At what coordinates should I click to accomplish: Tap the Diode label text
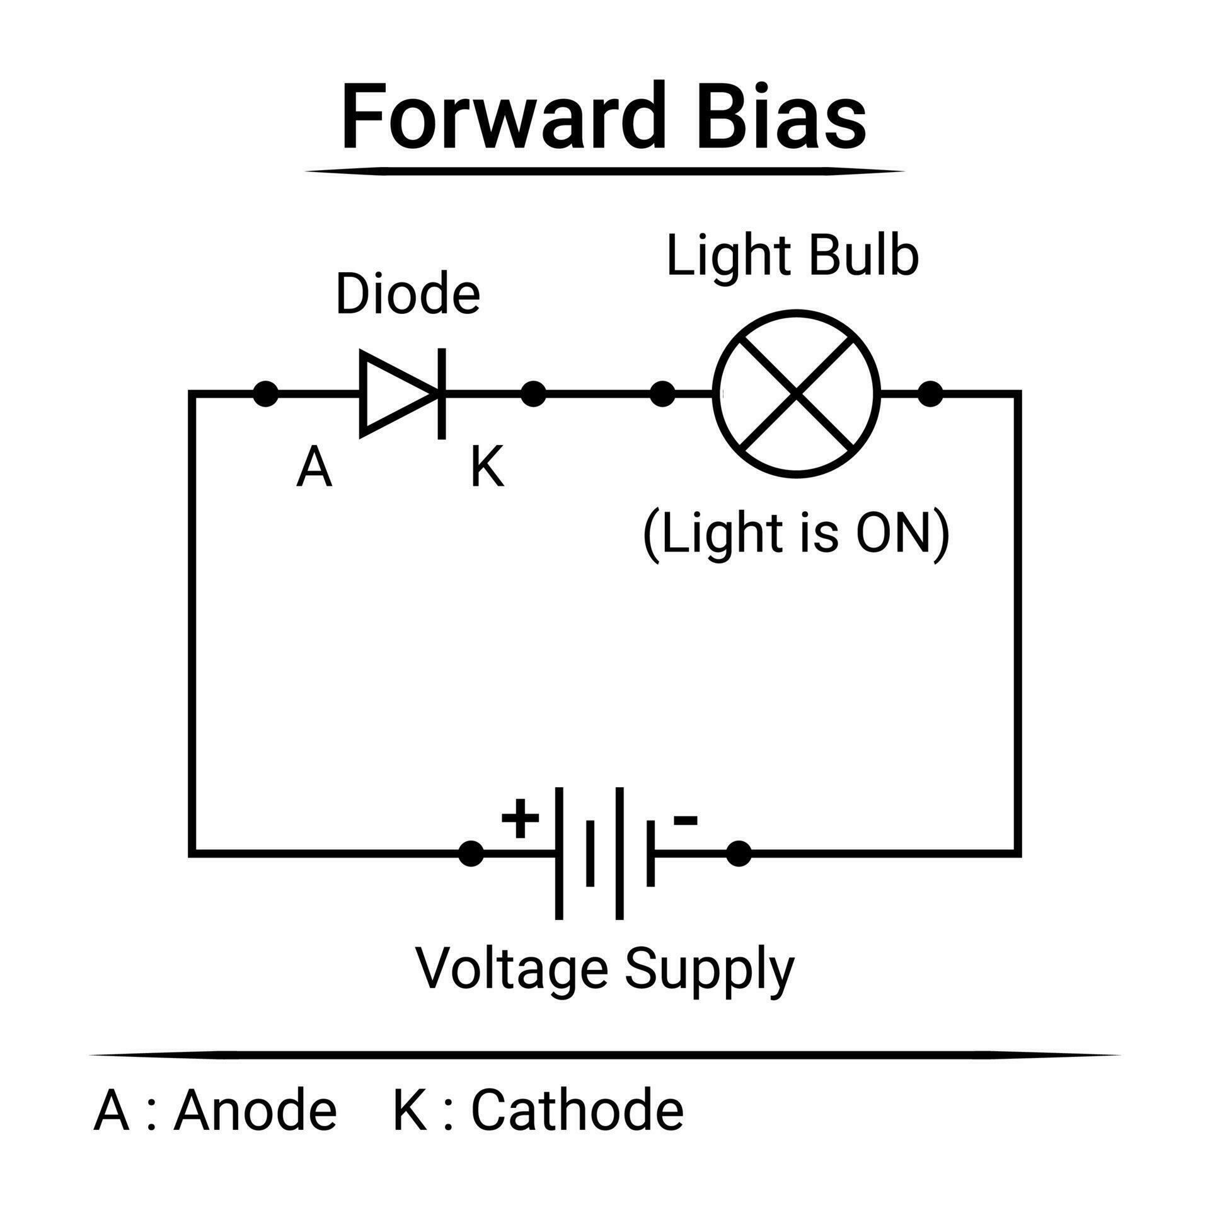(x=408, y=294)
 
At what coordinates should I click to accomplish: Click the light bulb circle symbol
(x=797, y=394)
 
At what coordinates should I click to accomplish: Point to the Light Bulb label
(x=792, y=256)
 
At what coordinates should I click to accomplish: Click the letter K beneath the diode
(x=487, y=468)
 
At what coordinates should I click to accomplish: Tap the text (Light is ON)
(x=796, y=533)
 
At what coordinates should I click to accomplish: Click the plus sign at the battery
(x=520, y=819)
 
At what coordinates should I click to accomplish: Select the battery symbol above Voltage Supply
(x=605, y=853)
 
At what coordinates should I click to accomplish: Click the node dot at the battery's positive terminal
(x=471, y=854)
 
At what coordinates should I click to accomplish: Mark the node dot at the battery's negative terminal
(x=739, y=854)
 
